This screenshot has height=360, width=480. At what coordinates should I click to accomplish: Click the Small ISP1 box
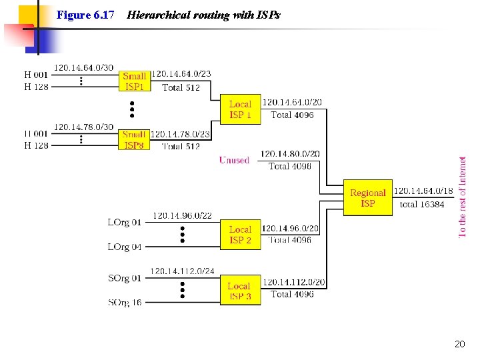tap(135, 81)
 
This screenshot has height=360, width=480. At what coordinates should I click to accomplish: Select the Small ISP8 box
tap(135, 139)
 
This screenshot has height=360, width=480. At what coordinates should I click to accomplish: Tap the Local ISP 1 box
tap(240, 109)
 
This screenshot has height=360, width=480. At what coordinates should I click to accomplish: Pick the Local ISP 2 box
tap(240, 235)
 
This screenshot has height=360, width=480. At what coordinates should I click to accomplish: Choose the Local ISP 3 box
tap(240, 291)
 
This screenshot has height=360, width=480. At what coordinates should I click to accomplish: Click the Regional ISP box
tap(368, 198)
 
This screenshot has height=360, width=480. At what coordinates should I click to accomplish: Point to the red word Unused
tap(234, 160)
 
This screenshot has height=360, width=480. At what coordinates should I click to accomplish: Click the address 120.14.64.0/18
tap(423, 191)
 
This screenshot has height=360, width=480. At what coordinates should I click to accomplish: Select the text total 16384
tap(422, 204)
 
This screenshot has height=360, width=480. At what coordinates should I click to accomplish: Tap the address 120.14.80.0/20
tap(290, 154)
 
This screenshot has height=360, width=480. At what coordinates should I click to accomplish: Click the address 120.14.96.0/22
tap(182, 215)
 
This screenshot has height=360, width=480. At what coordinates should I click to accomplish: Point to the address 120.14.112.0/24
tap(182, 271)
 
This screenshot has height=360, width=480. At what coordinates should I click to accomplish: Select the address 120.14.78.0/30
tap(83, 127)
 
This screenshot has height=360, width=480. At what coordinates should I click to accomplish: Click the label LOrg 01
tap(125, 222)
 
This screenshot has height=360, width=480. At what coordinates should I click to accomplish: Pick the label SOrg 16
tap(125, 302)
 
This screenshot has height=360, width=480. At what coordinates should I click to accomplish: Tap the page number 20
tap(459, 344)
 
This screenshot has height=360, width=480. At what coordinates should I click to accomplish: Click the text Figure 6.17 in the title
tap(85, 15)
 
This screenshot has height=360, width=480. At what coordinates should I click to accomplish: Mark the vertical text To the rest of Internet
tap(463, 196)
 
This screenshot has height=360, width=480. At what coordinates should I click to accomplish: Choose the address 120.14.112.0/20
tap(293, 282)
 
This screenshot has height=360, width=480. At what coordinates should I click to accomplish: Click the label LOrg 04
tap(125, 247)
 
